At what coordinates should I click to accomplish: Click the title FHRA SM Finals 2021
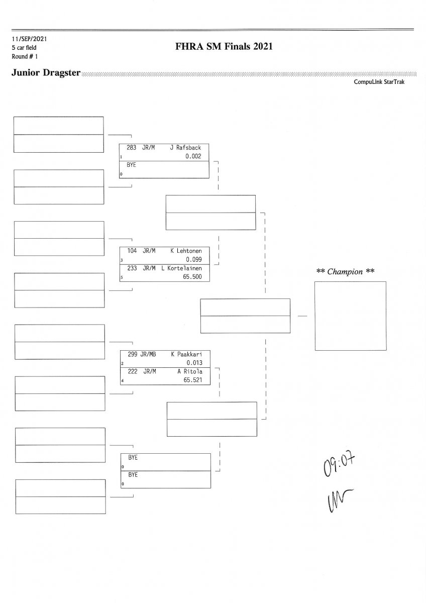tap(224, 47)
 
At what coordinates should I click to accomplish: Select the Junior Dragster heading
tap(46, 73)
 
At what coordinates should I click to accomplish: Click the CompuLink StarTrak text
tap(379, 82)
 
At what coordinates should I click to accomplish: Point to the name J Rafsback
tap(185, 148)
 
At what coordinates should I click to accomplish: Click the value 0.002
tap(193, 156)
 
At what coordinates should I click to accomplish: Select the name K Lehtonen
tap(186, 250)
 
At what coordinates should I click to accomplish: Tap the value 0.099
tap(193, 259)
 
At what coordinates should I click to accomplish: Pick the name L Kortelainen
tap(181, 268)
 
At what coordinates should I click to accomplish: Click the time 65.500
tap(192, 277)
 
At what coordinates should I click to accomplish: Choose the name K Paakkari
tap(186, 354)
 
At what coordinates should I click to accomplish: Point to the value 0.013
tap(193, 362)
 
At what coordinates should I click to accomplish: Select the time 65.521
tap(193, 380)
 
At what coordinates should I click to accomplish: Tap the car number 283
tap(132, 148)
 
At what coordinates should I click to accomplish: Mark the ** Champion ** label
tap(346, 272)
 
